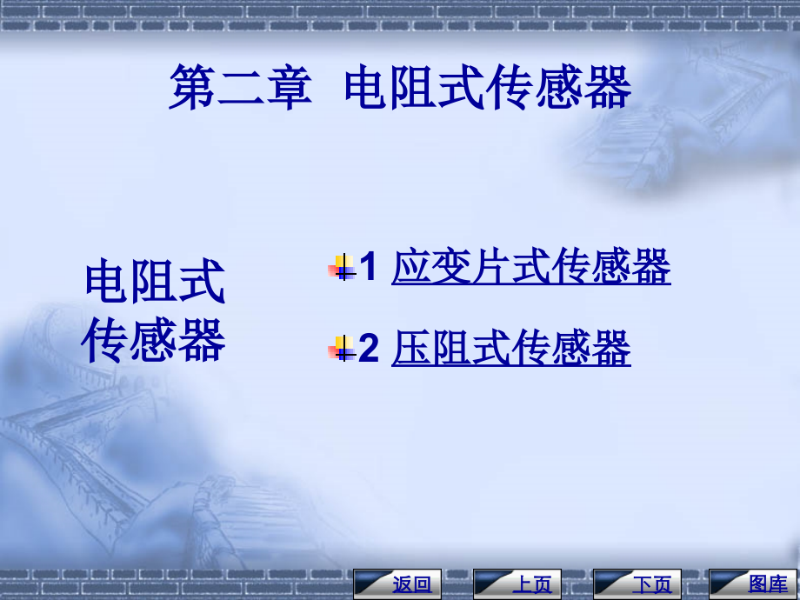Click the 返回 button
point(398,583)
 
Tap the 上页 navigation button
point(517,583)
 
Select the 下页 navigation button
point(637,583)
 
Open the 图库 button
point(753,583)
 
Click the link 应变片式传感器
point(530,267)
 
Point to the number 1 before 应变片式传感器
point(368,267)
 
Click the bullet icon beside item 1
point(343,268)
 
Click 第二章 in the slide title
point(240,89)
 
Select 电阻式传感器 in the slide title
point(487,89)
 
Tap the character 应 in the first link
point(411,267)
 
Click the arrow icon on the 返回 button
point(373,583)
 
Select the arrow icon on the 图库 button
point(729,583)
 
